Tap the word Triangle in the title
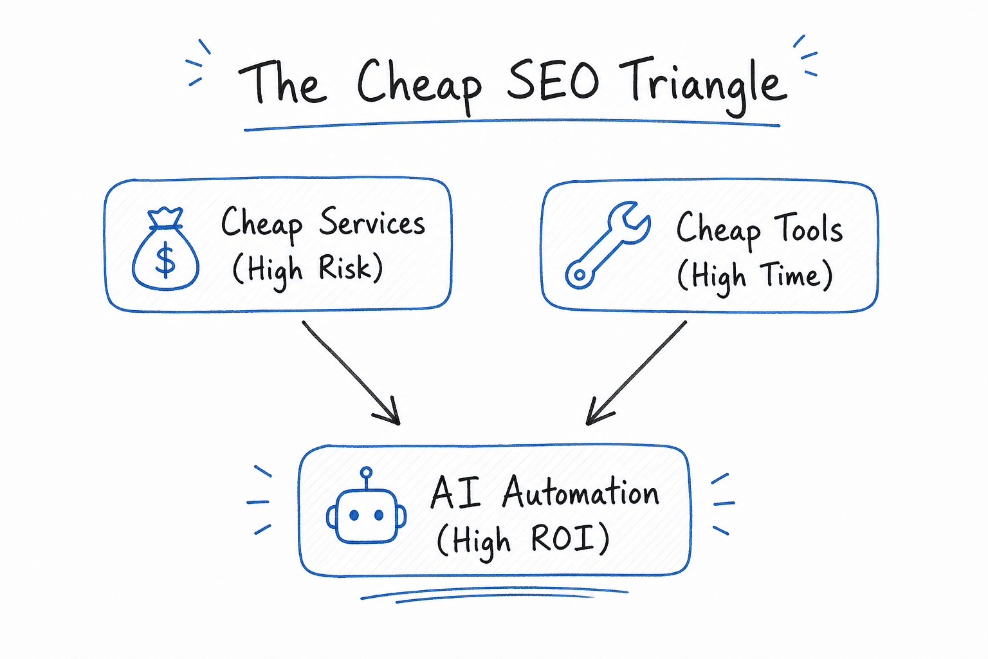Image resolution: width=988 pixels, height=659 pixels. pos(702,86)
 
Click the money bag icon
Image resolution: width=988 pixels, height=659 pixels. pos(165,248)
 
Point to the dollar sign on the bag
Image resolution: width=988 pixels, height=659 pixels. pos(165,261)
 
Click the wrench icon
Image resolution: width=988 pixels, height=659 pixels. pos(608,245)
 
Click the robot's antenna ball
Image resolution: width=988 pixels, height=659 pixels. pos(366,473)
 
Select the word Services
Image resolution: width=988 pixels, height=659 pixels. pos(372,222)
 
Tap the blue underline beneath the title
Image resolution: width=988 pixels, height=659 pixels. pos(512,124)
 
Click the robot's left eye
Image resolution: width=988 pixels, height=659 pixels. pos(354,515)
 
